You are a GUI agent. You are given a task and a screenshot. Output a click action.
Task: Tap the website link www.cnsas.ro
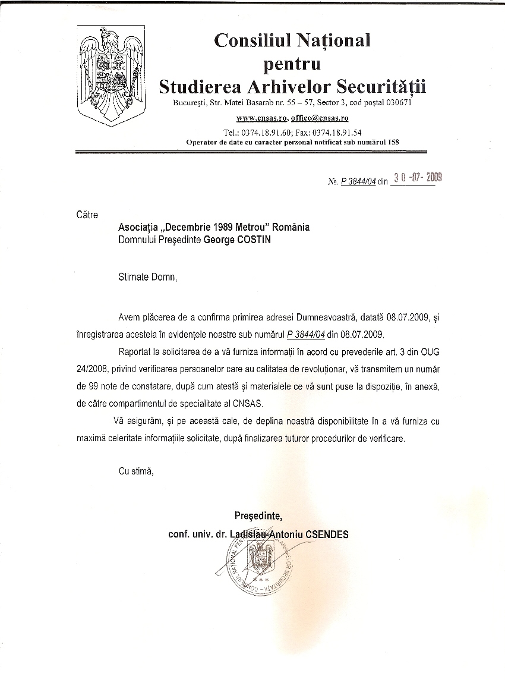(262, 118)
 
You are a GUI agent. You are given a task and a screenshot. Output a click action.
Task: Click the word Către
(87, 214)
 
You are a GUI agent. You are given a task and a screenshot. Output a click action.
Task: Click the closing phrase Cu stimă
(136, 471)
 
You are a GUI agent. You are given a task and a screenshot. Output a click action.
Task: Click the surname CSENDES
(327, 534)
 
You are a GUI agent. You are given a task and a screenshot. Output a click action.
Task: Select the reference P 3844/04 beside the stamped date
(358, 183)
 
